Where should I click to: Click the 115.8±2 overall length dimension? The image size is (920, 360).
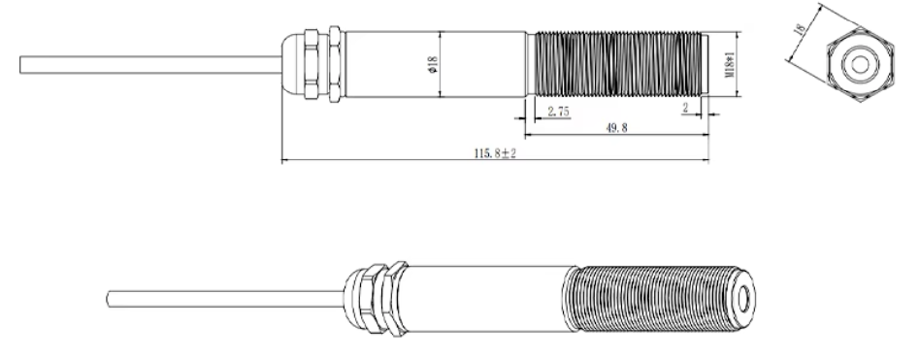(495, 153)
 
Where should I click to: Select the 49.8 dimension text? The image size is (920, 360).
(616, 127)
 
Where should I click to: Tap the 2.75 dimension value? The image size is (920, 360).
(559, 112)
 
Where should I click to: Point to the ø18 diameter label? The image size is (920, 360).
(433, 64)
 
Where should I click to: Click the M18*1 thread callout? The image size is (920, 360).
(730, 64)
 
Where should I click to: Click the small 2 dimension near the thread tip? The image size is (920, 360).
(685, 108)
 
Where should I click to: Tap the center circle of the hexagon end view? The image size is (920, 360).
(860, 64)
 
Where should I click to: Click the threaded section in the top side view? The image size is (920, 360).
(618, 64)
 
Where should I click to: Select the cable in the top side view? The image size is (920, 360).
(150, 64)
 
